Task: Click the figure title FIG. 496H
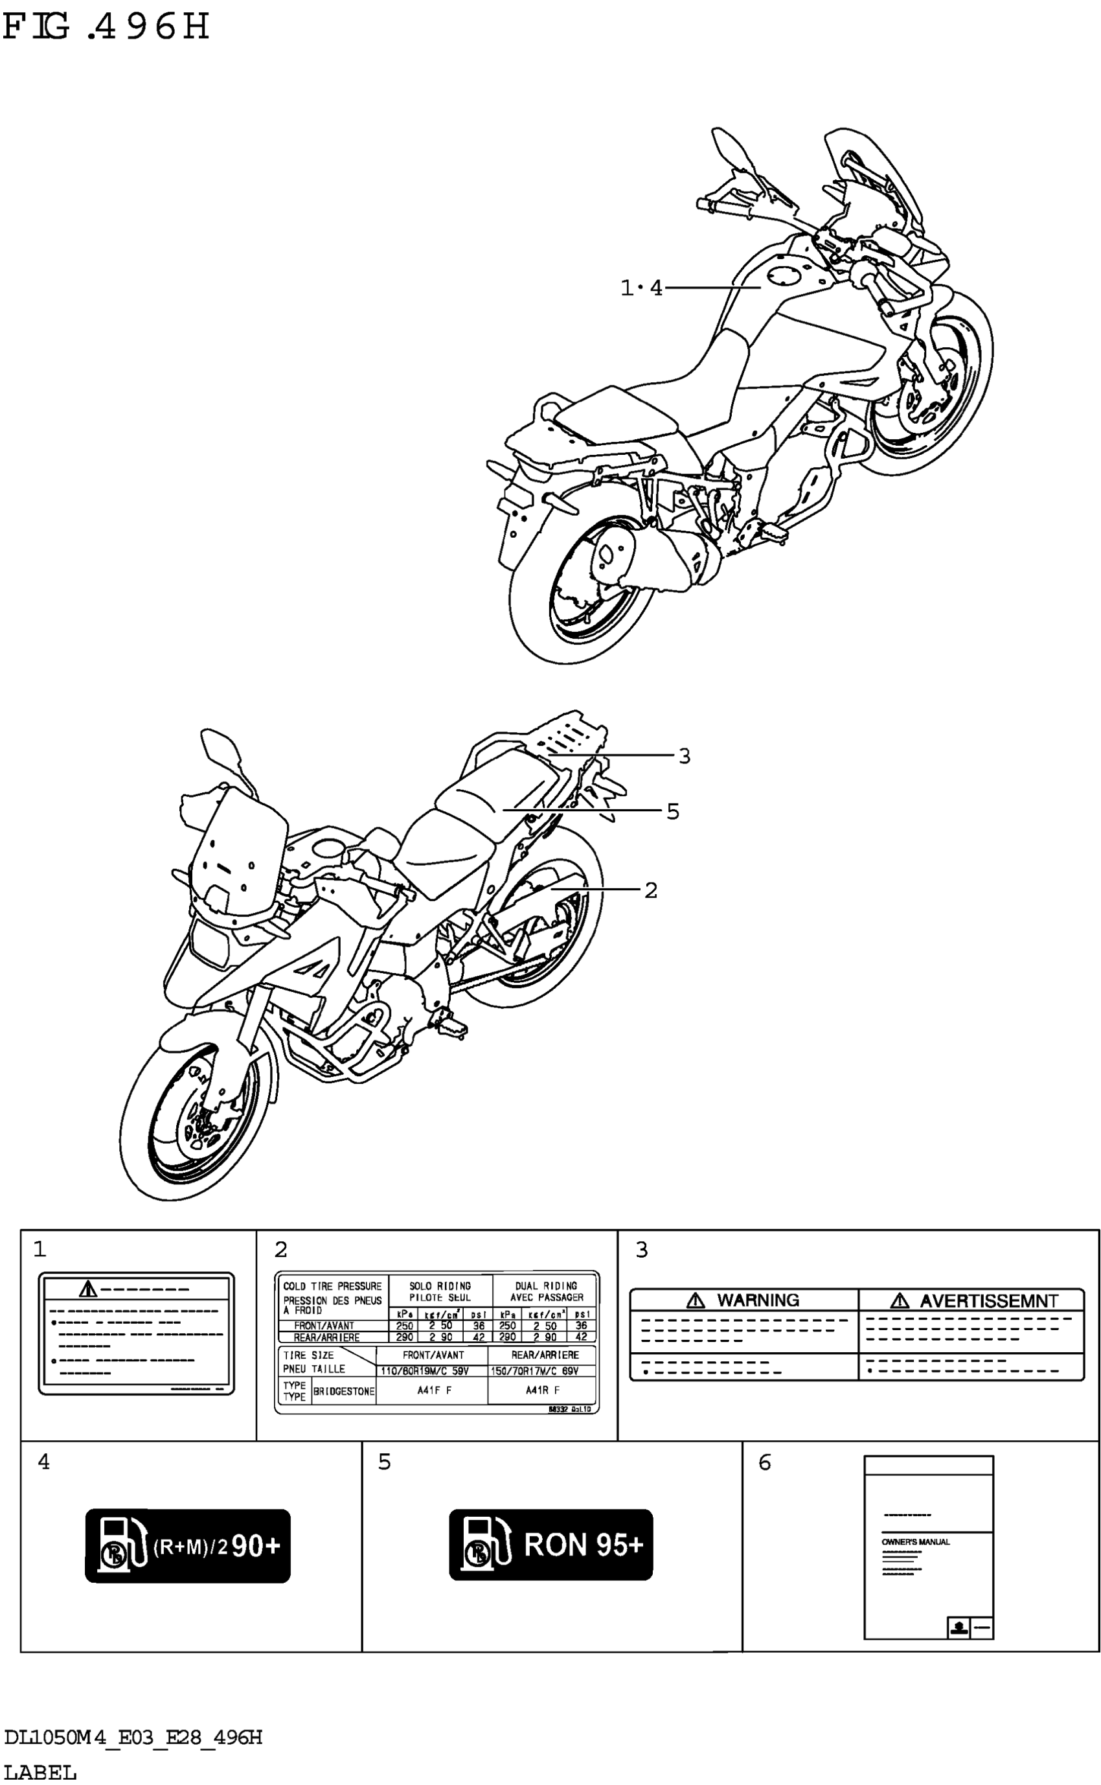tap(106, 28)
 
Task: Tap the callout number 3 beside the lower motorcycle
tap(684, 756)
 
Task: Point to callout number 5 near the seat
tap(672, 811)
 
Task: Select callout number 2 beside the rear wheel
tap(650, 890)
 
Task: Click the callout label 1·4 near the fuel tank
tap(641, 288)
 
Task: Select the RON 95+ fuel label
tap(550, 1545)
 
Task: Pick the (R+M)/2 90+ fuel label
tap(188, 1545)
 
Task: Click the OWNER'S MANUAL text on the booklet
tap(915, 1542)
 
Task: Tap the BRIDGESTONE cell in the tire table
tap(344, 1392)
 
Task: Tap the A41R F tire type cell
tap(542, 1390)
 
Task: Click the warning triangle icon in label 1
tap(88, 1290)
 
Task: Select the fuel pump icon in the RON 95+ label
tap(482, 1545)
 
